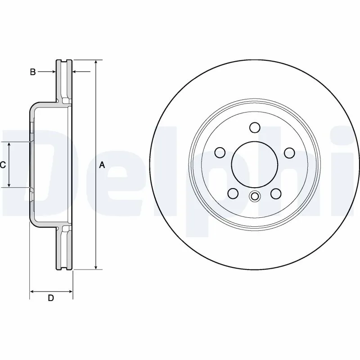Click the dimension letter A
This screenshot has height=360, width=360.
(x=102, y=166)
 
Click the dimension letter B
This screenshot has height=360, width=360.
(x=32, y=72)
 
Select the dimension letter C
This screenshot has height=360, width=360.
(x=3, y=165)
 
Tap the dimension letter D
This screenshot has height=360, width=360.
(x=51, y=298)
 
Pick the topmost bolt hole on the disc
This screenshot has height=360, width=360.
(x=254, y=128)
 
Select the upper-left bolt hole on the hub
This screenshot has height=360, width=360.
(x=220, y=153)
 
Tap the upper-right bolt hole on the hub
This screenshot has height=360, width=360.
(x=289, y=153)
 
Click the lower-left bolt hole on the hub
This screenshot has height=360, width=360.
(x=233, y=193)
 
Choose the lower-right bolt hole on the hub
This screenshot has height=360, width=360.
(x=276, y=193)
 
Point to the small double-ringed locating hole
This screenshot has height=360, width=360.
(x=255, y=196)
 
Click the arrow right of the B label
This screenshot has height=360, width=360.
(x=50, y=72)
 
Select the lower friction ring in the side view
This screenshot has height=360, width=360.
(x=64, y=250)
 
